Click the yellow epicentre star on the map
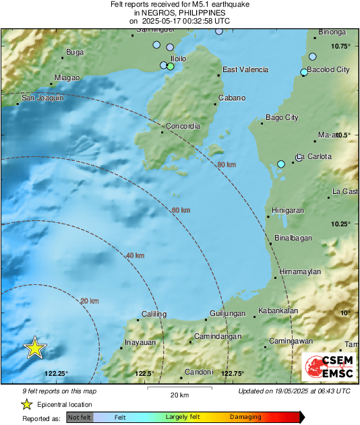coord(34,348)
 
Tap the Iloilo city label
coord(178,59)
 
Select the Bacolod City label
coord(328,69)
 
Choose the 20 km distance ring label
coord(90,300)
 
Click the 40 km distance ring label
coord(136,255)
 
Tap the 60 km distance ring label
coord(181,211)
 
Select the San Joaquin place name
coord(43,98)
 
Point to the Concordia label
coord(184,126)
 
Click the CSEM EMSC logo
coord(331,368)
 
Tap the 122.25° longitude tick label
coord(57,374)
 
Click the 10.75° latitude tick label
coord(341,46)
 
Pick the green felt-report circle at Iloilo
coord(171,67)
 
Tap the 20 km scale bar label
coord(179,395)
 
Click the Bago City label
coord(282,118)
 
